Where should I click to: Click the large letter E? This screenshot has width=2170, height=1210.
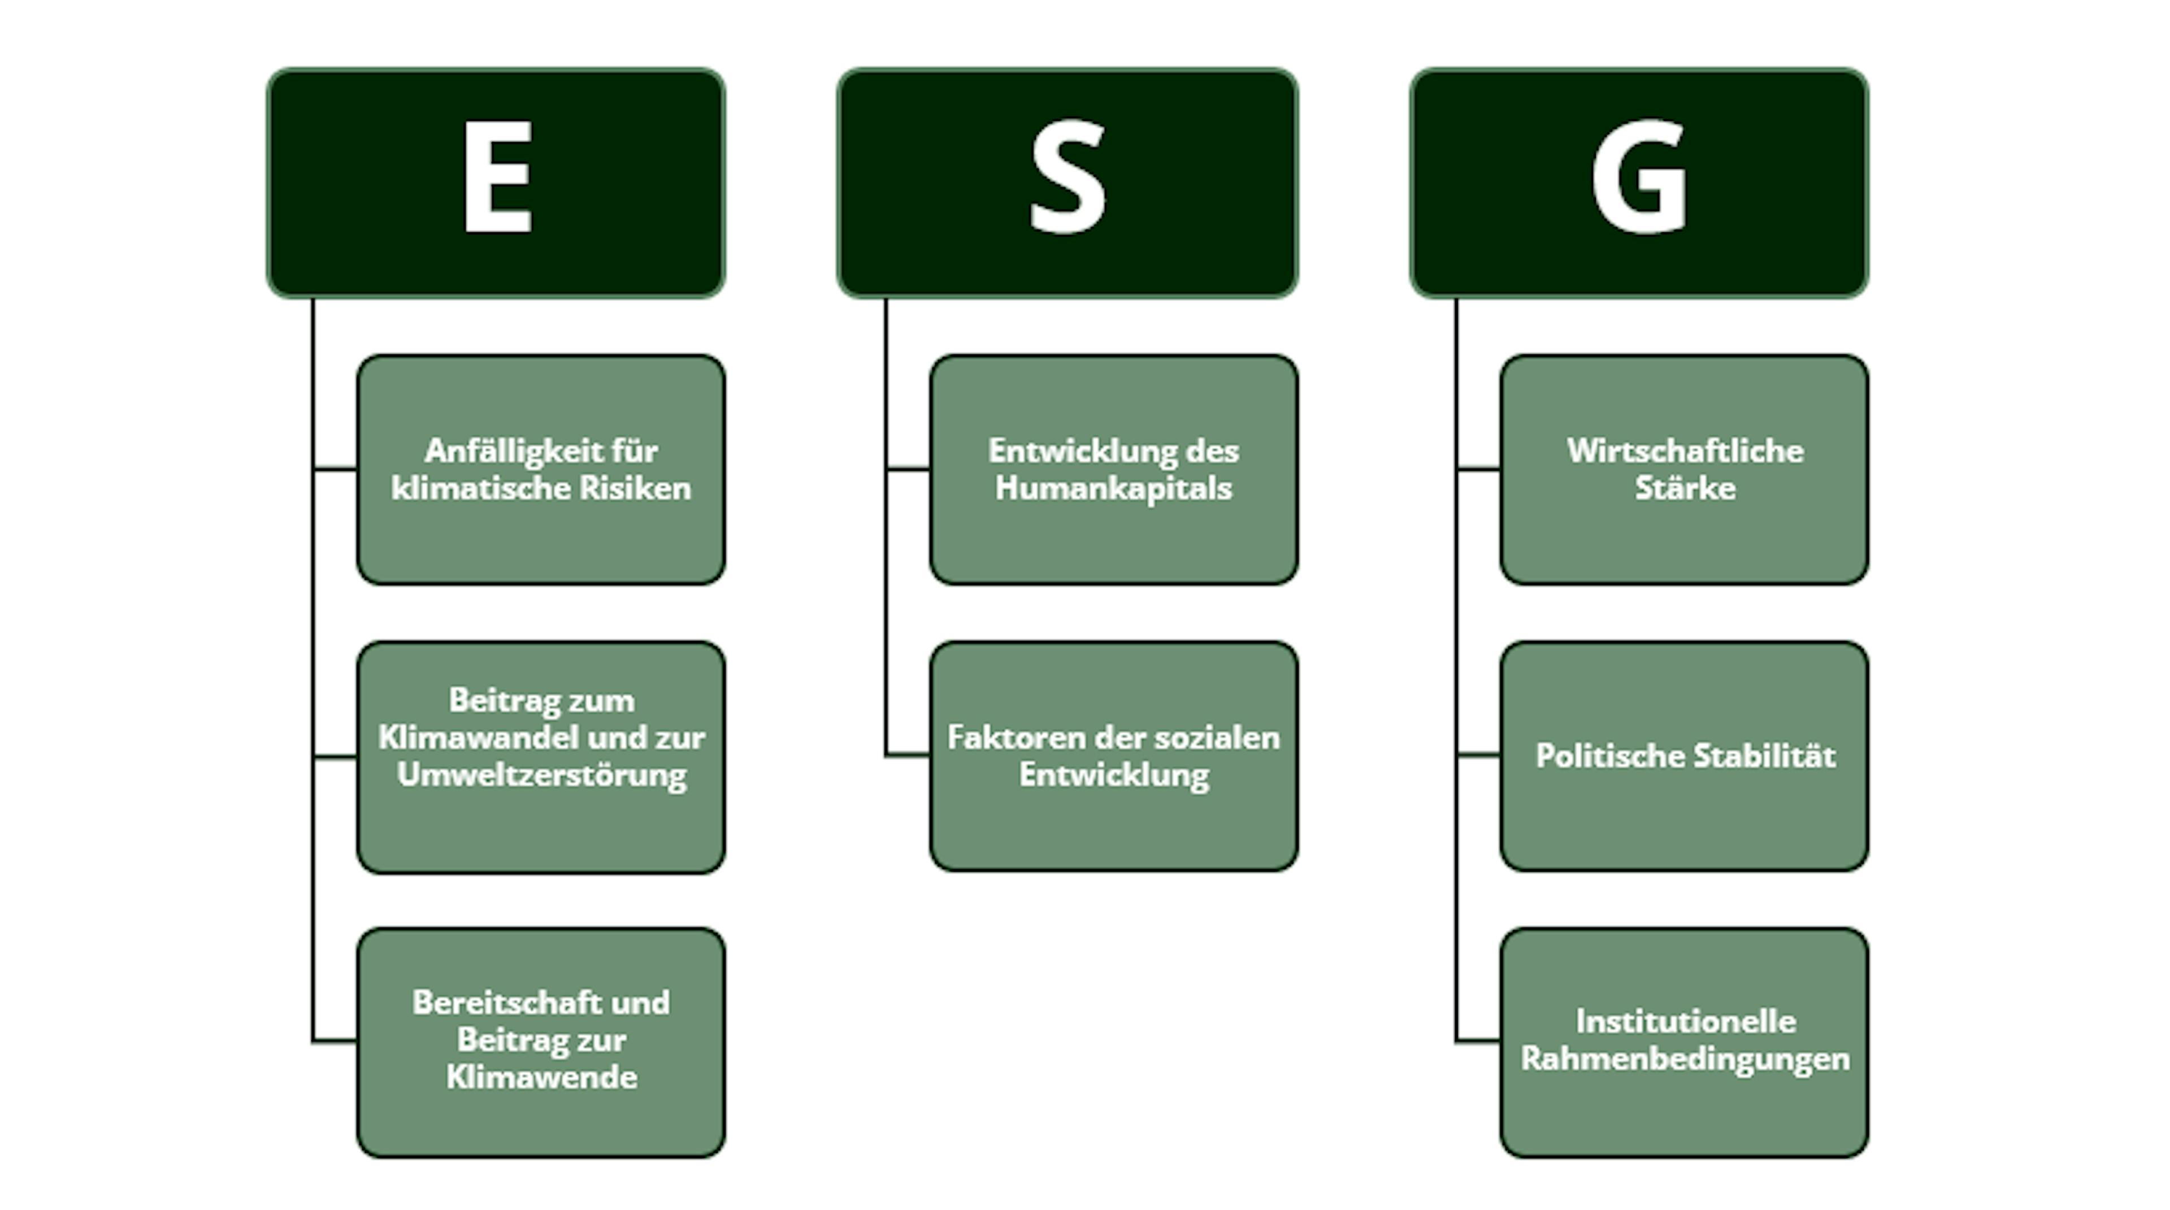click(497, 176)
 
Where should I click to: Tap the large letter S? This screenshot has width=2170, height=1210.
click(1067, 176)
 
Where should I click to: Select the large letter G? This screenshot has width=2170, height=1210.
click(1639, 176)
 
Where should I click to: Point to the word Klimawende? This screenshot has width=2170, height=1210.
click(542, 1077)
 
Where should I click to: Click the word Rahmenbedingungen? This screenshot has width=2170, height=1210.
click(1685, 1059)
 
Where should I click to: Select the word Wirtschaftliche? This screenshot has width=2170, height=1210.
click(1685, 452)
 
